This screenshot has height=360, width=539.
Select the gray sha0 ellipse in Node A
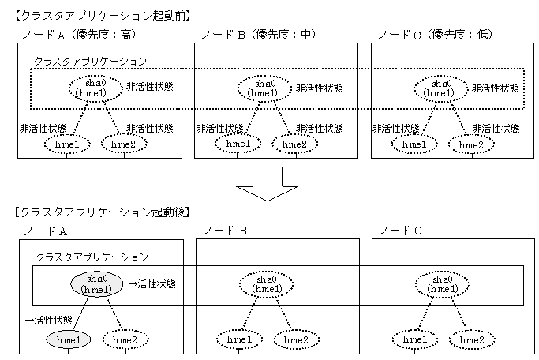coord(95,284)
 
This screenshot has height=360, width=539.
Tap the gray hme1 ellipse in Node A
coord(68,339)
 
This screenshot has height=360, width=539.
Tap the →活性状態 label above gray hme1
coord(49,321)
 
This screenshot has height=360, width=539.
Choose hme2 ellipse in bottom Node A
coord(125,339)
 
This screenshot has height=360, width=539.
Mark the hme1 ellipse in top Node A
coord(68,144)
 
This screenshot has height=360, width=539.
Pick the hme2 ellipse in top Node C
coord(471,144)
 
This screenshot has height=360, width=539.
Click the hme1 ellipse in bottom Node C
coord(412,339)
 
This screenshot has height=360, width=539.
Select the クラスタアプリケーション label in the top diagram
coord(89,60)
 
